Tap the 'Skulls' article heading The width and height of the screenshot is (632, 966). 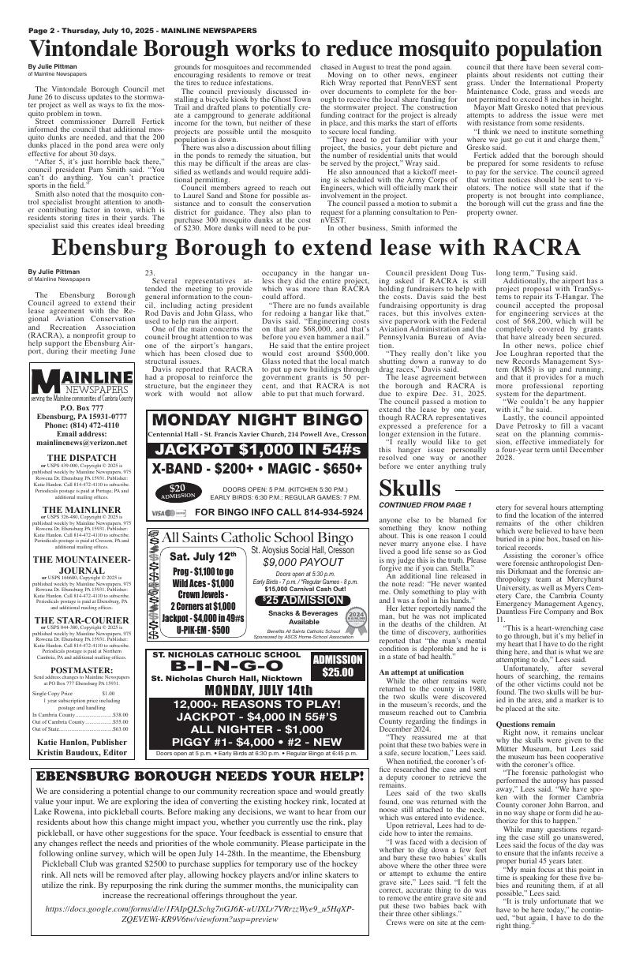click(409, 488)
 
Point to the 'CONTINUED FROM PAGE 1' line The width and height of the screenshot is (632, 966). click(424, 505)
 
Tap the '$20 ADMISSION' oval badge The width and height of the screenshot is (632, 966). click(178, 491)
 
